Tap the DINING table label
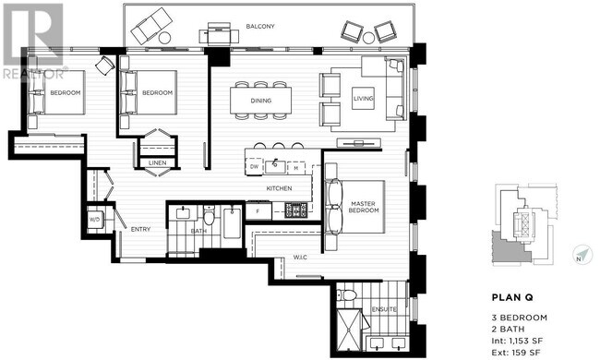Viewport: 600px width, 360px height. click(x=261, y=100)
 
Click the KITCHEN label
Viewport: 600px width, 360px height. click(x=279, y=188)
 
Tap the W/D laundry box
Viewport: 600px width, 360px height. click(x=94, y=219)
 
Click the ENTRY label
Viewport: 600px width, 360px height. click(x=140, y=230)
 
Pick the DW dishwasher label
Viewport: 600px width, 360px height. click(x=254, y=167)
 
